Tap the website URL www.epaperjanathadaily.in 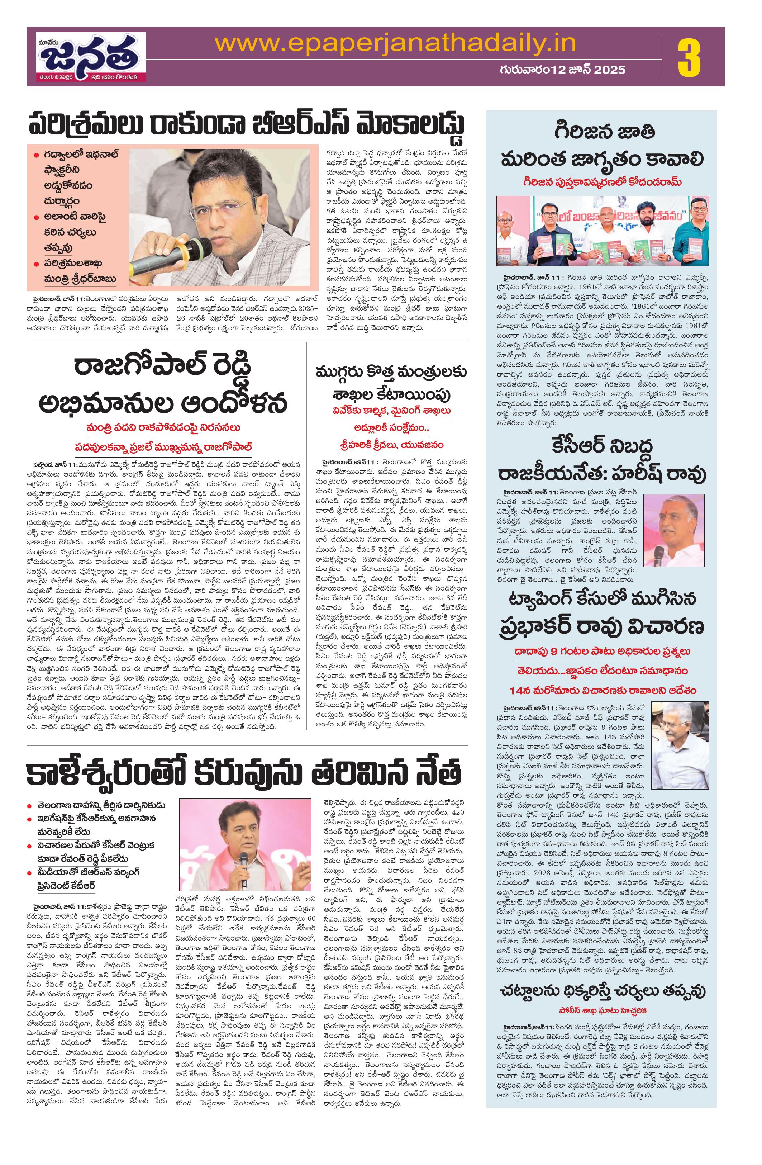tap(395, 44)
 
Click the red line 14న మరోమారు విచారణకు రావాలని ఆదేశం tap(601, 690)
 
